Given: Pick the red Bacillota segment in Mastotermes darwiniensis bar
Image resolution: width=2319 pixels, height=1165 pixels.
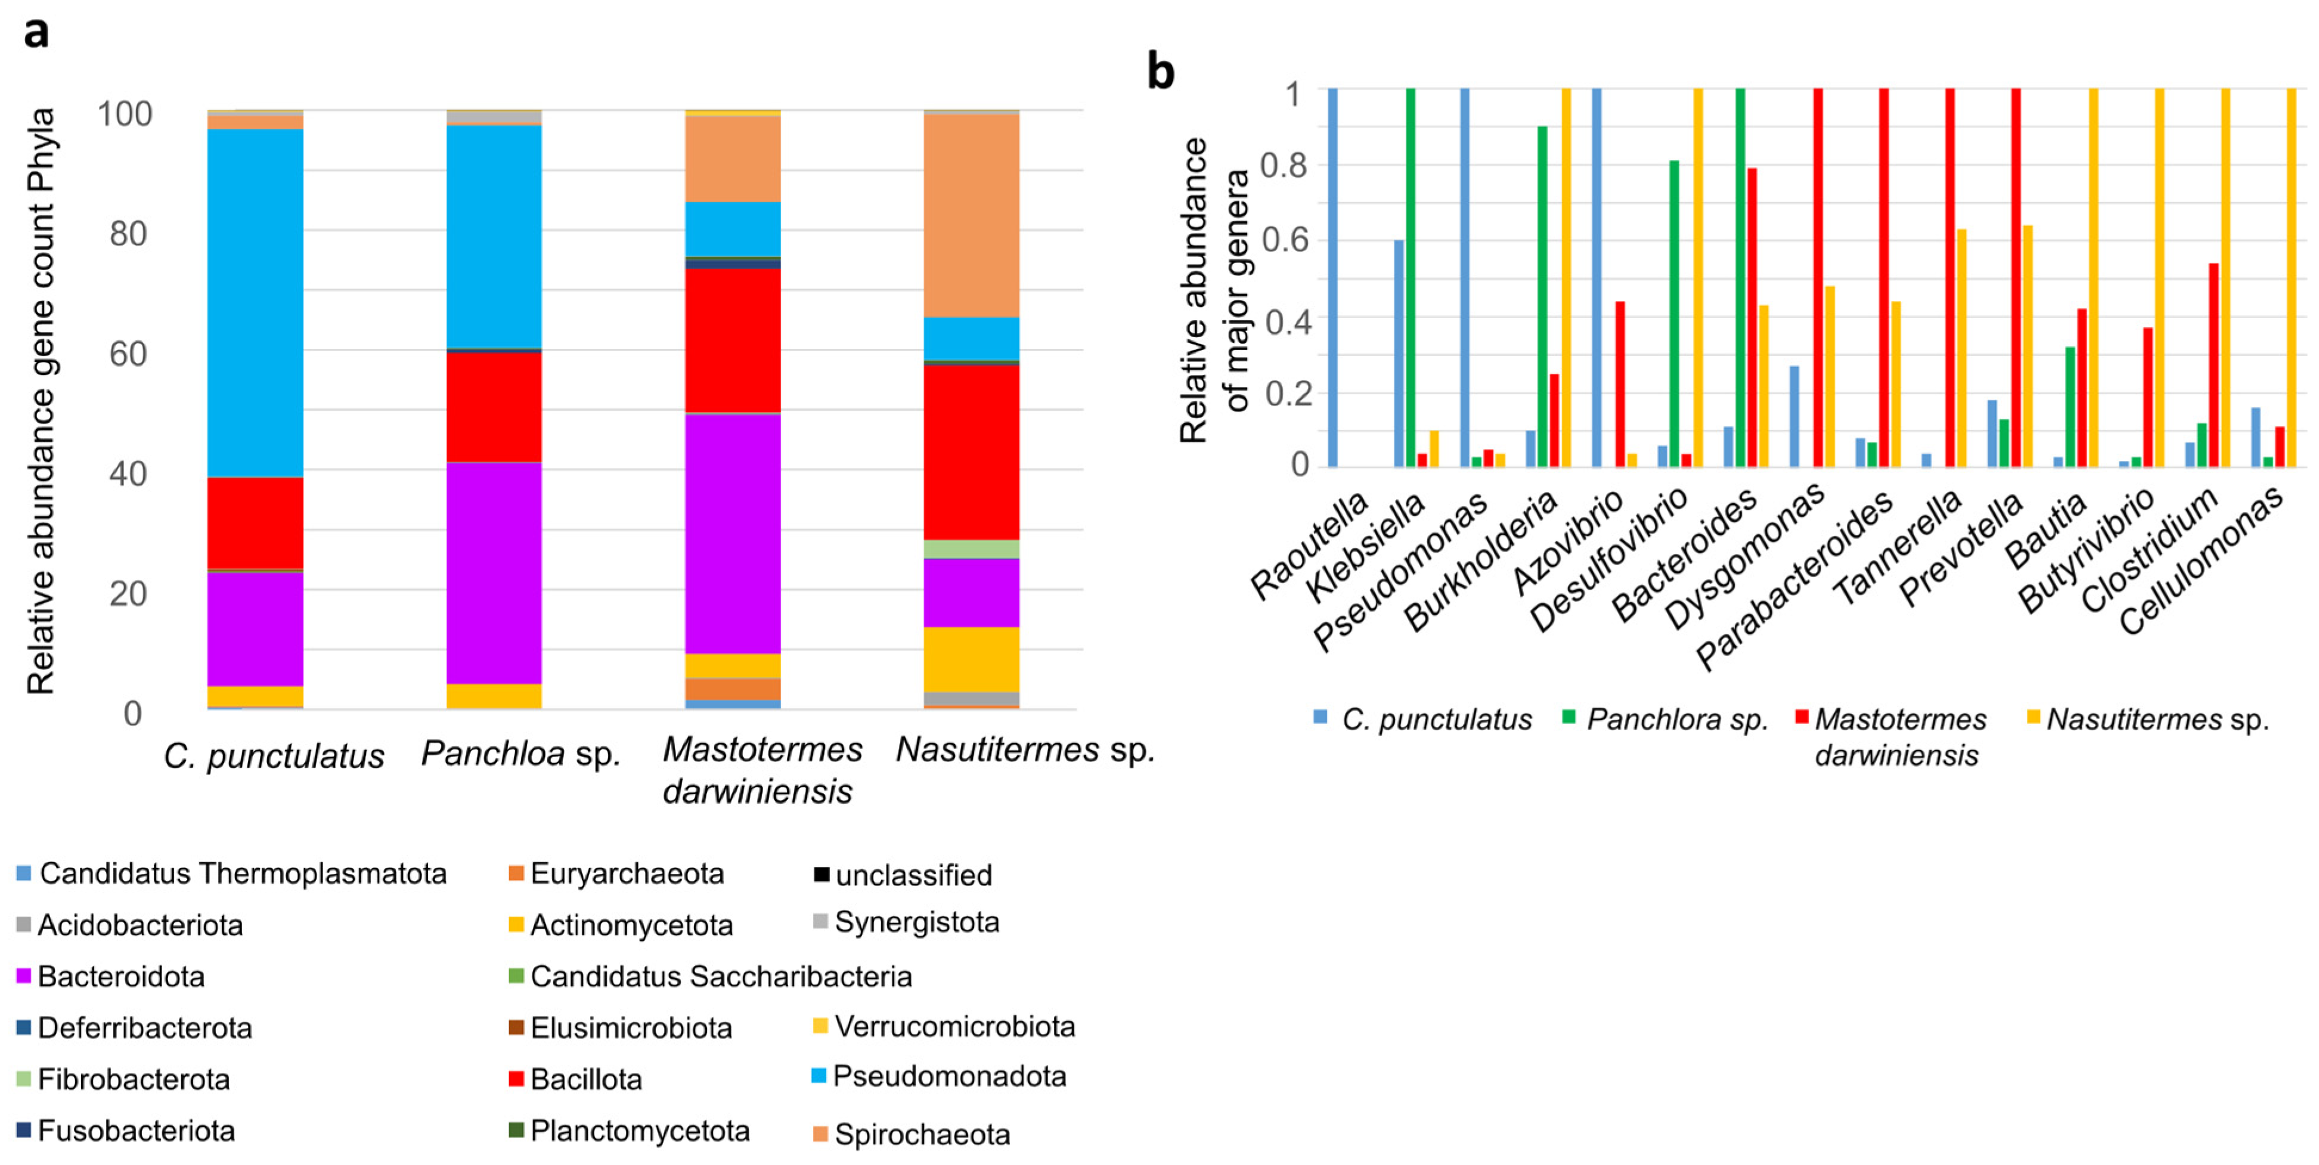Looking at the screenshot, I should click(x=733, y=340).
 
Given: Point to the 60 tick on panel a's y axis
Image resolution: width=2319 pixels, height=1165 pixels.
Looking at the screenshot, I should click(x=128, y=354).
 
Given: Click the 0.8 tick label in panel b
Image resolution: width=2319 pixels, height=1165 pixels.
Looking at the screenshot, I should click(x=1283, y=165).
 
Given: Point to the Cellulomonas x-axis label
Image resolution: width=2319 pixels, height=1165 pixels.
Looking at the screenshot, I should click(x=2200, y=560).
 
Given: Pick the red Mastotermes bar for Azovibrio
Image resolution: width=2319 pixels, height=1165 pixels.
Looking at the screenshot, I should click(x=1620, y=383).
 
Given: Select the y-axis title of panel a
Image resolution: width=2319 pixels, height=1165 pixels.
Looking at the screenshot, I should click(x=41, y=401).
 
